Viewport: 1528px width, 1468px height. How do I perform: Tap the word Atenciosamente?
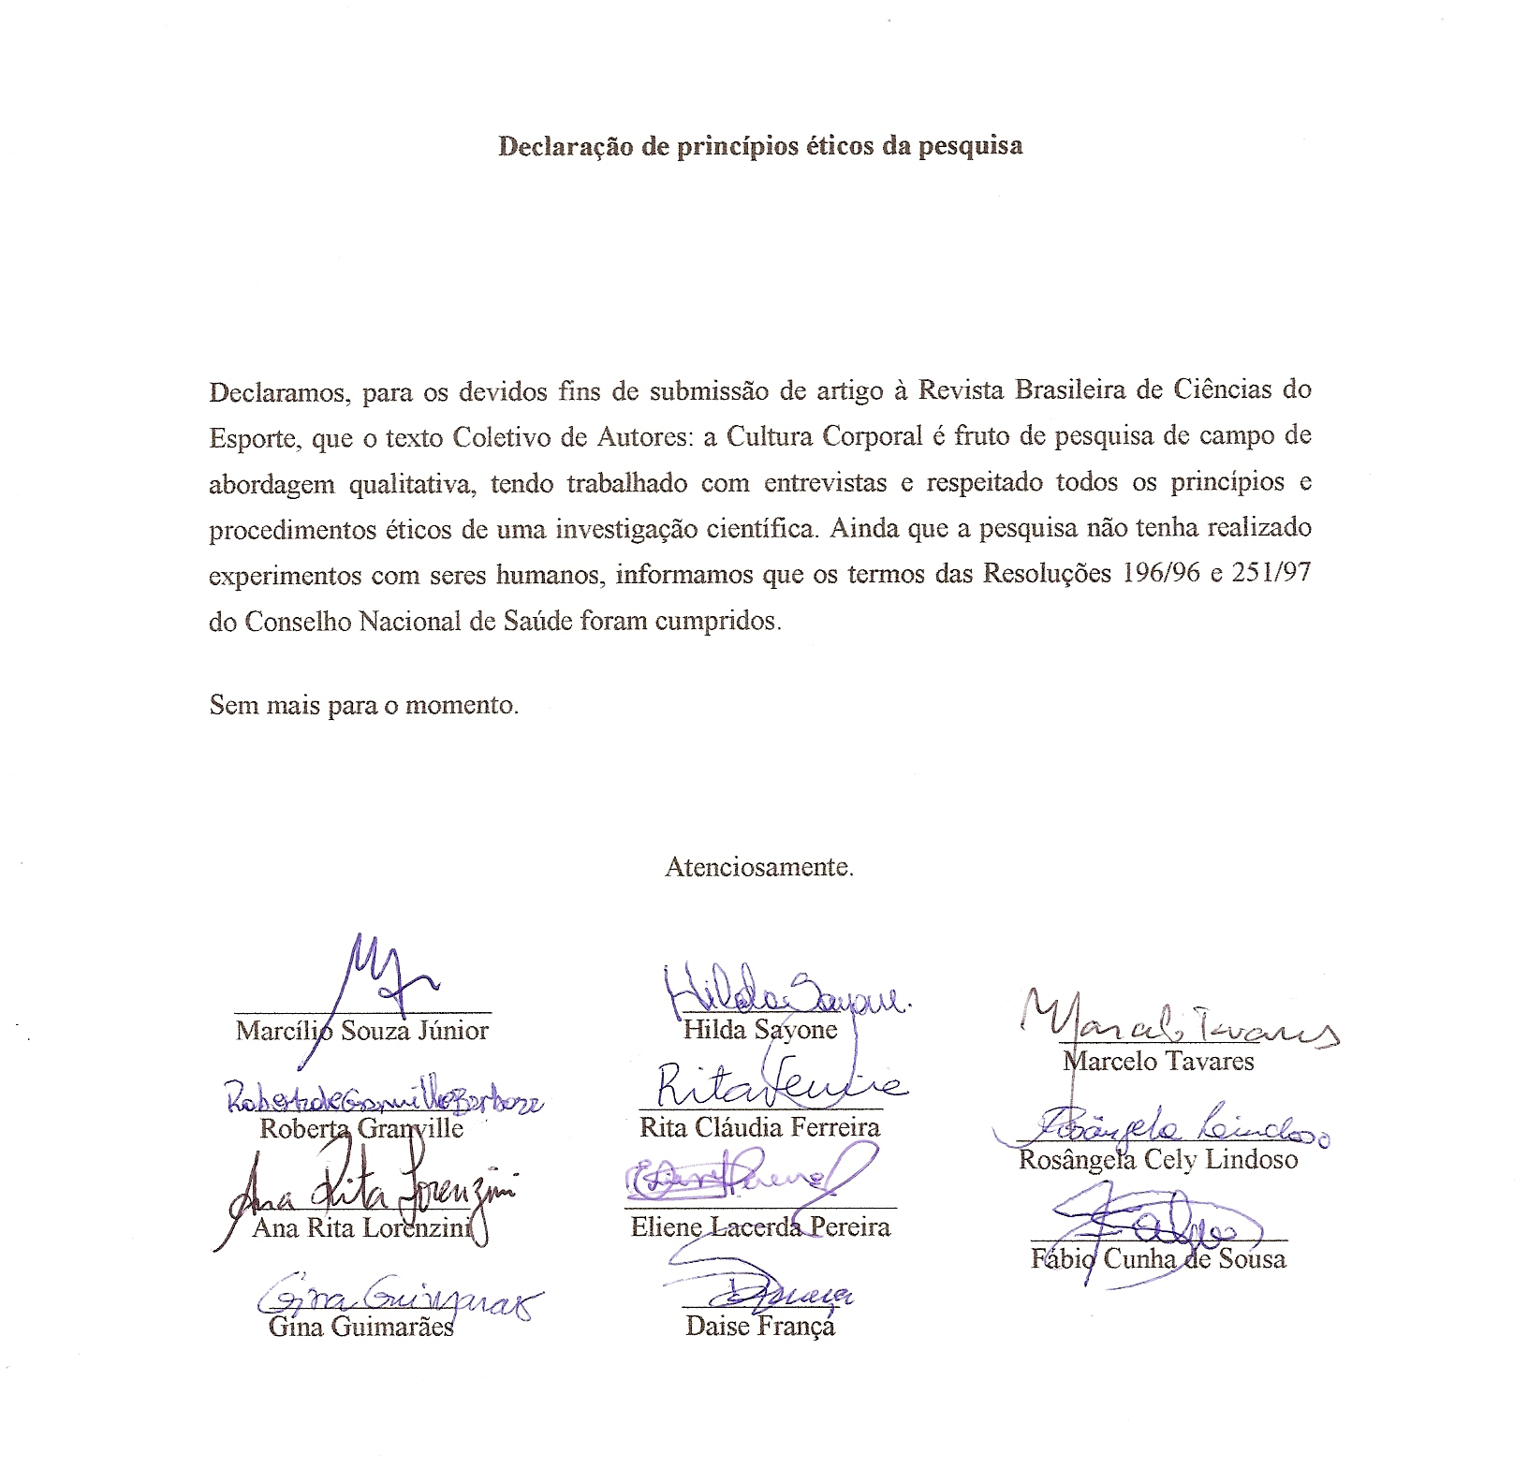(758, 867)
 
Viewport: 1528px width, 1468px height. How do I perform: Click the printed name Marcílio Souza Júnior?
(362, 1031)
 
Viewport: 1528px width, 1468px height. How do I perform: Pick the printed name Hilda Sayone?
(759, 1030)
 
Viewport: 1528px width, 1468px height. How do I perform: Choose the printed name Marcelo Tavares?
(1158, 1061)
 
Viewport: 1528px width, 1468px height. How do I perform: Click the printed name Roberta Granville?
(361, 1128)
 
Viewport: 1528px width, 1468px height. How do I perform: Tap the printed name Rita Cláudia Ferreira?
(759, 1126)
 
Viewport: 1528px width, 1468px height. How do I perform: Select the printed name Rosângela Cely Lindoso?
(1158, 1160)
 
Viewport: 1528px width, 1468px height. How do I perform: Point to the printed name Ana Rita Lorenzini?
(360, 1227)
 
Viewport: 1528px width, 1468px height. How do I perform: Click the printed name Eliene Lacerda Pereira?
(760, 1226)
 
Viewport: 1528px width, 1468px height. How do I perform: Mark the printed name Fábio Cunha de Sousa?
(1158, 1259)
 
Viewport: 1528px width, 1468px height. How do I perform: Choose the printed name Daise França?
(759, 1326)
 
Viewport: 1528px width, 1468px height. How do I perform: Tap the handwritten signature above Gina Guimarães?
(393, 1297)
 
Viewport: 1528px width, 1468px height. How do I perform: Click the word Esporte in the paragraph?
(252, 437)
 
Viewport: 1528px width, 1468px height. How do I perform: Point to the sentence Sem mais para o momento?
(363, 704)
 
